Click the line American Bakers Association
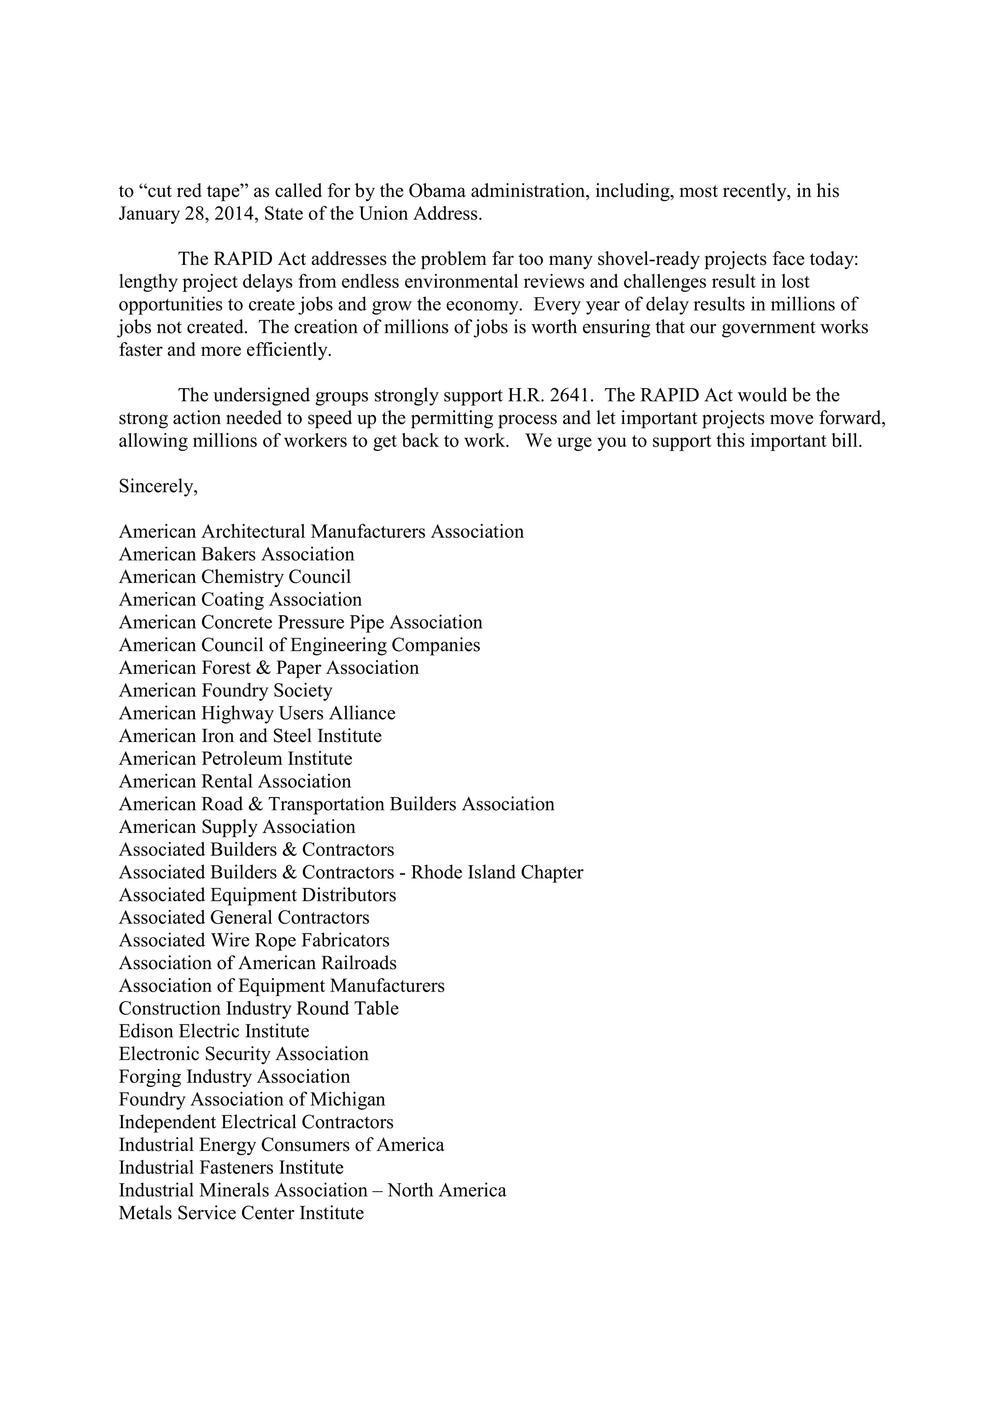(x=237, y=554)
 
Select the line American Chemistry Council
(x=235, y=577)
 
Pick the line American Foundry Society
(x=225, y=691)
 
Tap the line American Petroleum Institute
(x=235, y=759)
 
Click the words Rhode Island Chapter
(x=496, y=873)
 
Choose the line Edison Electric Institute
(x=213, y=1031)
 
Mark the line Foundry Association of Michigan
(x=251, y=1100)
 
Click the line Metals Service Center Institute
(x=241, y=1213)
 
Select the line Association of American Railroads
(x=258, y=963)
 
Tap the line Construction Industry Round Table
(x=258, y=1008)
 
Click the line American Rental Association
(x=235, y=781)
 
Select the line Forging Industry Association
(x=234, y=1077)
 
